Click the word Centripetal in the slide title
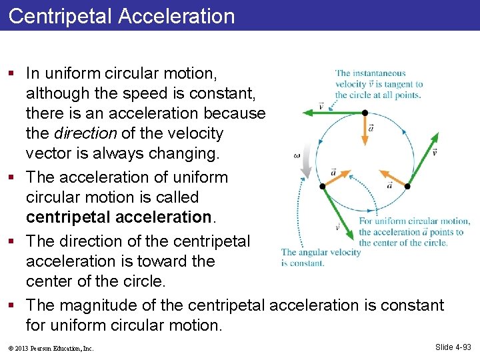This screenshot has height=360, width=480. pos(61,16)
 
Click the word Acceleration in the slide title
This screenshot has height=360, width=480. pos(177,16)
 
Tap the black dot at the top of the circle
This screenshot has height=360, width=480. pos(365,113)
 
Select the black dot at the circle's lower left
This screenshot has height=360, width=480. pos(323,185)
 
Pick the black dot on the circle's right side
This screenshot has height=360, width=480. pos(407,186)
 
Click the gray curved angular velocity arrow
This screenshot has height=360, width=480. pos(305,160)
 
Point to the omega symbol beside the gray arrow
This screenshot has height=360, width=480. pos(296,155)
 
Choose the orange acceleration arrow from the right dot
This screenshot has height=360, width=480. pos(395,179)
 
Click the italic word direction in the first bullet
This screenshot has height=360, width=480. pos(79,133)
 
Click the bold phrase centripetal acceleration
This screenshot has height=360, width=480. pos(118,217)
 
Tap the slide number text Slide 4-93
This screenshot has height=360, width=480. pos(453,347)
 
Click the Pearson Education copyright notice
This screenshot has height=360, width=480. pos(51,348)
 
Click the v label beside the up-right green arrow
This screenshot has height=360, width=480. pos(434,152)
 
